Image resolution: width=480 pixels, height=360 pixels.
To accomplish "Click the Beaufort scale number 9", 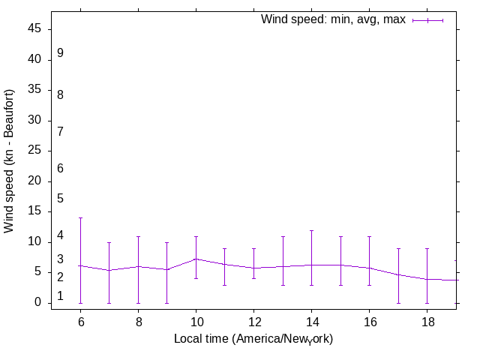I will click(x=60, y=53).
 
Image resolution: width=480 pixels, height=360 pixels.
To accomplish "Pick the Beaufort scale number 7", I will click(x=60, y=132).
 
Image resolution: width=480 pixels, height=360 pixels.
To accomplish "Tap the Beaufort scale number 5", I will click(x=60, y=199).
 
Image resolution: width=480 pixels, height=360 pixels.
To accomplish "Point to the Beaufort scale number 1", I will click(x=60, y=296).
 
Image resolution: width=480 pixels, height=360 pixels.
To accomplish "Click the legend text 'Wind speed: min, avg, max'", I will click(x=333, y=19).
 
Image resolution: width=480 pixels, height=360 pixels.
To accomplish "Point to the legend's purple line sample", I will click(x=427, y=20).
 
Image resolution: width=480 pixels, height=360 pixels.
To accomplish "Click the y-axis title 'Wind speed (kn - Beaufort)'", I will click(x=10, y=160).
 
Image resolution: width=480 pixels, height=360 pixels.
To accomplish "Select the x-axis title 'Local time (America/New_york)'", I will click(x=253, y=339).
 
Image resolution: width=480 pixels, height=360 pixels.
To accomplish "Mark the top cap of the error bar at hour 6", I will click(x=80, y=218).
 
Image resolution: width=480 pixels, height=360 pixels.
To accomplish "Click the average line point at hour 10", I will click(x=196, y=259).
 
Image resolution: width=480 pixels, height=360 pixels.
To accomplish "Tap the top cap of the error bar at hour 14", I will click(x=311, y=230).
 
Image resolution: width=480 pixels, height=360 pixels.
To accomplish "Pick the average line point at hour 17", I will click(x=398, y=274).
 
